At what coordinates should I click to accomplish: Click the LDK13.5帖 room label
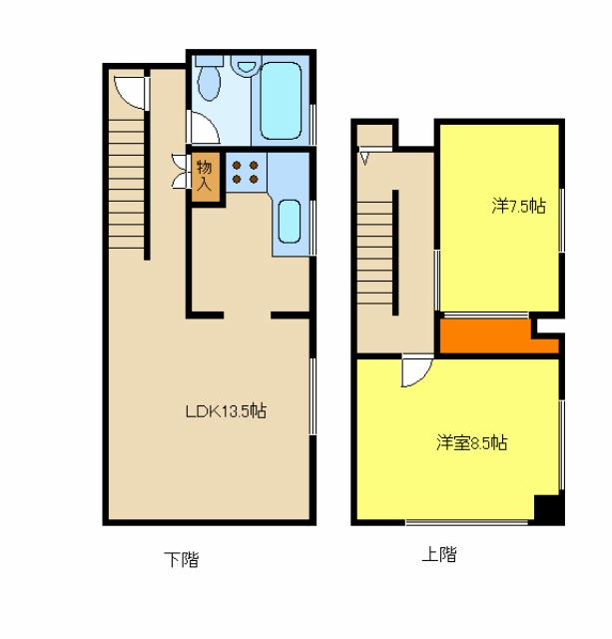click(x=227, y=411)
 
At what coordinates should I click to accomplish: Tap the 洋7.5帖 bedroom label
click(x=519, y=207)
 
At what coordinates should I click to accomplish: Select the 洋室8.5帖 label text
click(x=472, y=442)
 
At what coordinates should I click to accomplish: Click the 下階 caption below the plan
click(x=182, y=559)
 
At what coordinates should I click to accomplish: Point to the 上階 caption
click(x=439, y=554)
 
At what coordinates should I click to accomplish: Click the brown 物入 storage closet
click(x=206, y=177)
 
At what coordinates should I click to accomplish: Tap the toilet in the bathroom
click(x=209, y=79)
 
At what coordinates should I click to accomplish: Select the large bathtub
click(x=281, y=101)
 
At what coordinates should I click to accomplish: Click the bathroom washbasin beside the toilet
click(x=246, y=65)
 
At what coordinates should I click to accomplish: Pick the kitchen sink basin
click(x=290, y=222)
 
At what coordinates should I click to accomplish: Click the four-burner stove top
click(x=246, y=172)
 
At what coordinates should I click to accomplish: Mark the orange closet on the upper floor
click(x=499, y=336)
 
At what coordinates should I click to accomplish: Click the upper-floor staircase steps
click(x=375, y=253)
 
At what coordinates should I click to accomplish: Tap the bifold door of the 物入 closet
click(x=179, y=171)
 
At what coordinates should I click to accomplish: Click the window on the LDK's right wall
click(x=312, y=396)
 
